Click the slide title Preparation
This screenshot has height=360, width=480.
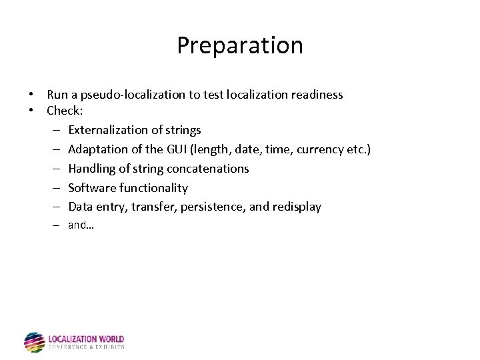tap(240, 45)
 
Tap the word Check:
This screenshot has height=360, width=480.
tap(65, 110)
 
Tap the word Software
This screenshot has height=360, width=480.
tap(92, 188)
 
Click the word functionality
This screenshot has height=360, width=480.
tap(154, 188)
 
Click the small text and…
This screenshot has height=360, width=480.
tap(81, 225)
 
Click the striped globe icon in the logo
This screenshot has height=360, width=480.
tap(34, 341)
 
